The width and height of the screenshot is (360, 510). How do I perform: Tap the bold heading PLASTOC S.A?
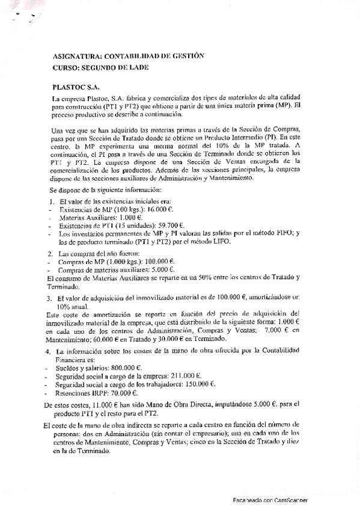pyautogui.click(x=75, y=87)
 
